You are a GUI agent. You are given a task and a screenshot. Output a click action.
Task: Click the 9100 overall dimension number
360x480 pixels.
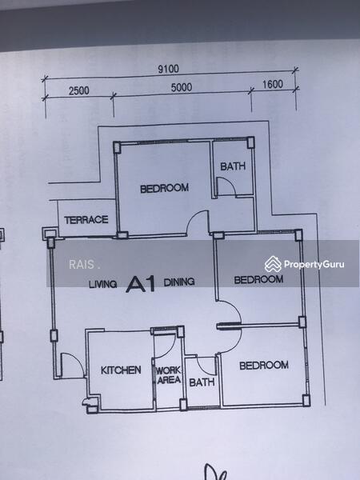click(x=168, y=69)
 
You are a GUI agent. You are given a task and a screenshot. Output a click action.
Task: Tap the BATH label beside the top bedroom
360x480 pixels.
click(x=233, y=167)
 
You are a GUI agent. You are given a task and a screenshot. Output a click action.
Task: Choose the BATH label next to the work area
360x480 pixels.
click(x=199, y=382)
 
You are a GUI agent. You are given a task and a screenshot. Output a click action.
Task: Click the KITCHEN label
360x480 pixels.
click(x=121, y=370)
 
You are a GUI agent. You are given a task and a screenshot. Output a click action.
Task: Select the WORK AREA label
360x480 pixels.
click(x=167, y=375)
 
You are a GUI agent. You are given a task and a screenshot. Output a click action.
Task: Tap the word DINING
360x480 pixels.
click(x=180, y=282)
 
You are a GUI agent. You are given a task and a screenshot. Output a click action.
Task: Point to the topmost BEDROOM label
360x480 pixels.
click(x=164, y=189)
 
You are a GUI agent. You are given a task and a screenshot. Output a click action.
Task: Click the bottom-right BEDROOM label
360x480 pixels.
click(x=264, y=365)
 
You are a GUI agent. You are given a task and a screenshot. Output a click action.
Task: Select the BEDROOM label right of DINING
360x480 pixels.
click(x=258, y=280)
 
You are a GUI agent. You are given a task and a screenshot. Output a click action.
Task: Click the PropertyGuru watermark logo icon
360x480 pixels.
click(x=274, y=263)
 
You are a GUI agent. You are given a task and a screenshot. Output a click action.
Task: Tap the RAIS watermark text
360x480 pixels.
click(x=82, y=265)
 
